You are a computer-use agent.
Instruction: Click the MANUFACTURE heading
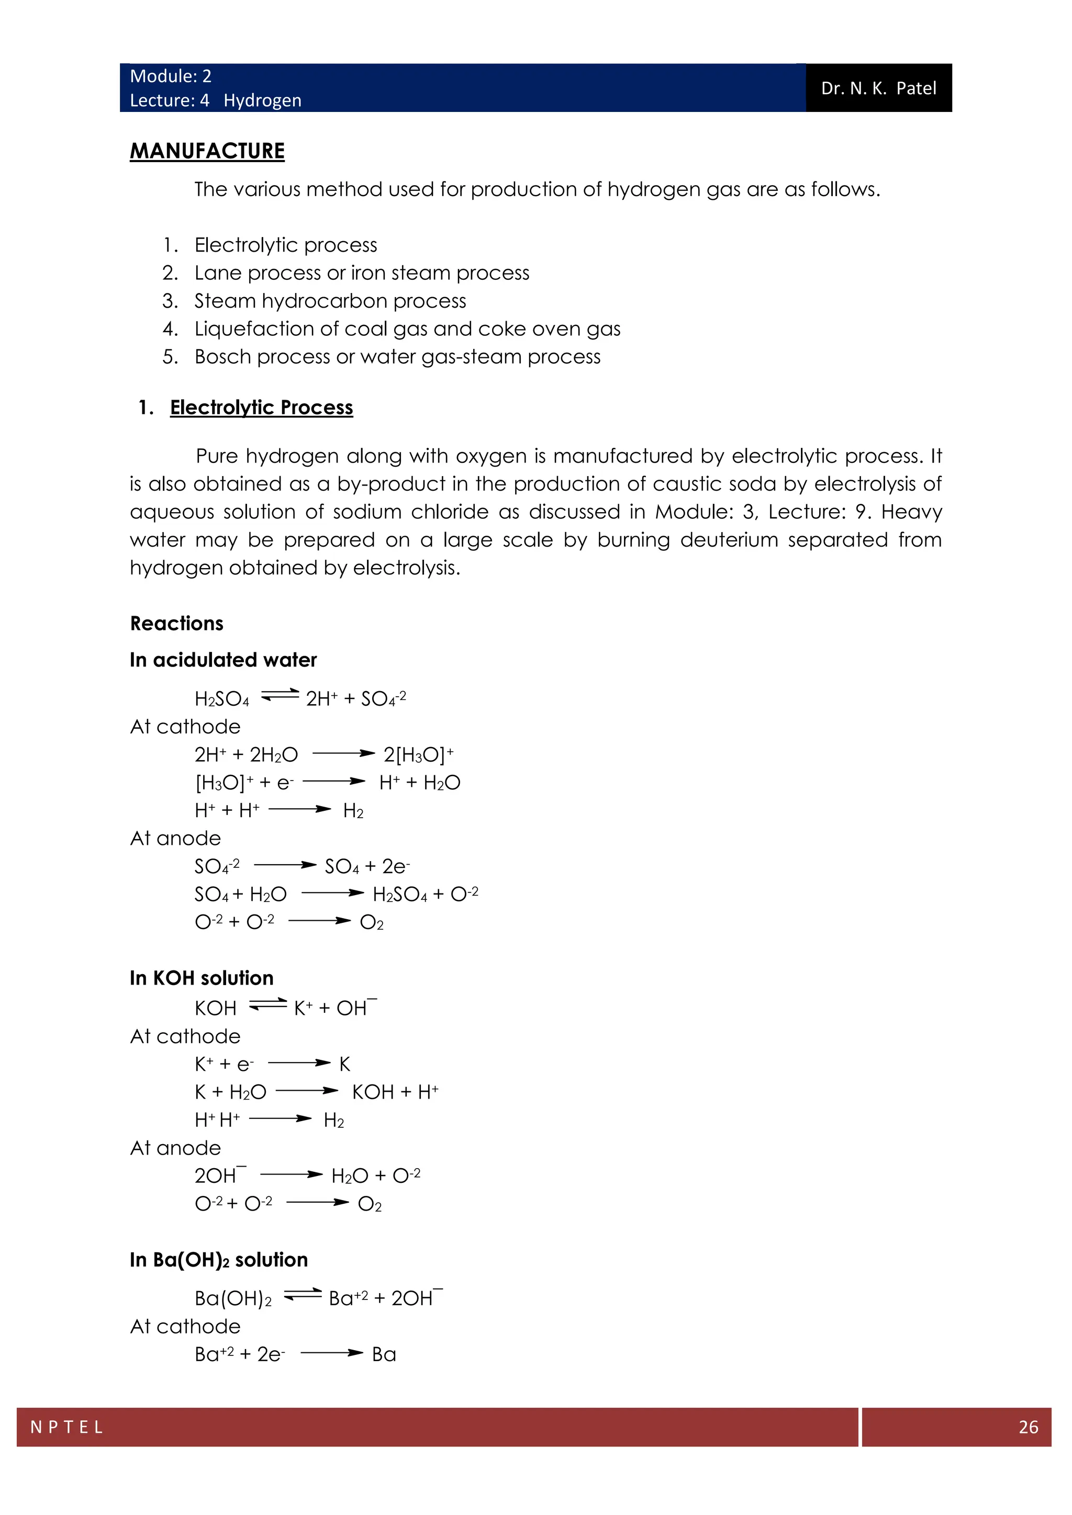coord(207,151)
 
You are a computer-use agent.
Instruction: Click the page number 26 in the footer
coord(1028,1427)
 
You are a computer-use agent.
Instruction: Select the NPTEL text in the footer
coord(66,1427)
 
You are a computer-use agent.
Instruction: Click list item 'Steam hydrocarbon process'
coord(330,301)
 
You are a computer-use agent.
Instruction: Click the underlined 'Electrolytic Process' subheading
coord(261,407)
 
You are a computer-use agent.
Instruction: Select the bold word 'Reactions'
coord(177,624)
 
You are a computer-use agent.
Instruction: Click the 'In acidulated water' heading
coord(223,660)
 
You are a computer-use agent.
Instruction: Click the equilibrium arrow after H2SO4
coord(280,695)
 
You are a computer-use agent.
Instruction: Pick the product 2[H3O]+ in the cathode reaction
coord(419,754)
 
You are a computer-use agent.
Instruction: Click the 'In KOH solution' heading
coord(202,978)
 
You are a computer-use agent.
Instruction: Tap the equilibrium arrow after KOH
coord(268,1005)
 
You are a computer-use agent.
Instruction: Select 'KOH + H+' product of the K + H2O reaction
coord(395,1092)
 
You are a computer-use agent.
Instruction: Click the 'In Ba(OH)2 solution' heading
coord(218,1260)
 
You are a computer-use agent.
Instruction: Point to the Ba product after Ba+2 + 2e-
coord(384,1354)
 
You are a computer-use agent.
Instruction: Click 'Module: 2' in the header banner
coord(170,76)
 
